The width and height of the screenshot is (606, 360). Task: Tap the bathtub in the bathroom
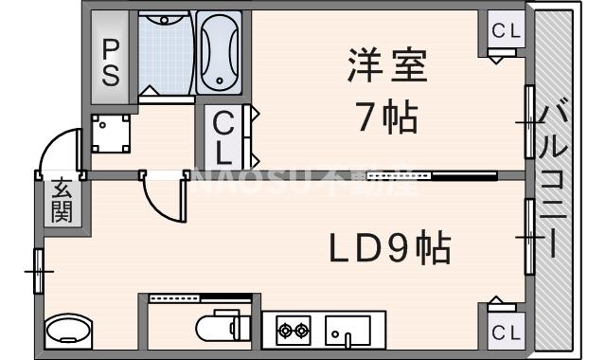[222, 53]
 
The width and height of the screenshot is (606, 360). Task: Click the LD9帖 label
[389, 248]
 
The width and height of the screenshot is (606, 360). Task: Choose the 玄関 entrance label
[62, 201]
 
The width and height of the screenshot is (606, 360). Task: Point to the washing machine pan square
[112, 134]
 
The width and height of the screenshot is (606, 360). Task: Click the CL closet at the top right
[506, 31]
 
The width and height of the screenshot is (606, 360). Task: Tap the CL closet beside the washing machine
[224, 137]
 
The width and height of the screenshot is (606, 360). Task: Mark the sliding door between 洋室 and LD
[431, 175]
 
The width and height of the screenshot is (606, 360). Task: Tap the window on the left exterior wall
[39, 271]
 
